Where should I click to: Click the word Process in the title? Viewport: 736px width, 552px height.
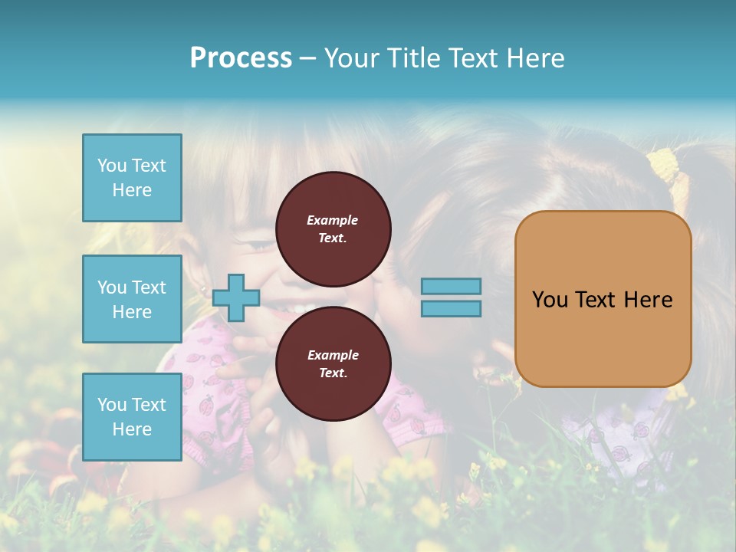(x=241, y=58)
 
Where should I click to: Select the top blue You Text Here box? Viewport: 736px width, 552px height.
(x=132, y=178)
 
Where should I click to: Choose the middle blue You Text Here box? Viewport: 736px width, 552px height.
(x=132, y=299)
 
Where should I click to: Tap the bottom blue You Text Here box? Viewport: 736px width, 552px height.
(x=132, y=416)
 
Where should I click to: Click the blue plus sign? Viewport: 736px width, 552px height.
(x=235, y=297)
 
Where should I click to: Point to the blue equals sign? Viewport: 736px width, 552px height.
(x=451, y=297)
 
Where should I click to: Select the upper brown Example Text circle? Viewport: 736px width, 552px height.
(x=333, y=228)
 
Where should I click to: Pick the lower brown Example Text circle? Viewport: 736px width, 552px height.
(x=333, y=363)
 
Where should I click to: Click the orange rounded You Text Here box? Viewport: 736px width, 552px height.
(x=603, y=299)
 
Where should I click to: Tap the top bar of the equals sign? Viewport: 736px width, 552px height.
(x=451, y=287)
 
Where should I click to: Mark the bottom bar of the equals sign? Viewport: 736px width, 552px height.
(x=451, y=308)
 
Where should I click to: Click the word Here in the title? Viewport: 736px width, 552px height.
(x=536, y=58)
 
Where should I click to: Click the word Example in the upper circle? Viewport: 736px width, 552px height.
(x=333, y=220)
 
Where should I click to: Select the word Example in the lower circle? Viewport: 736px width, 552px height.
(x=333, y=355)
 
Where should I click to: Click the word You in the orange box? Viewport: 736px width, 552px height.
(x=550, y=300)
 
